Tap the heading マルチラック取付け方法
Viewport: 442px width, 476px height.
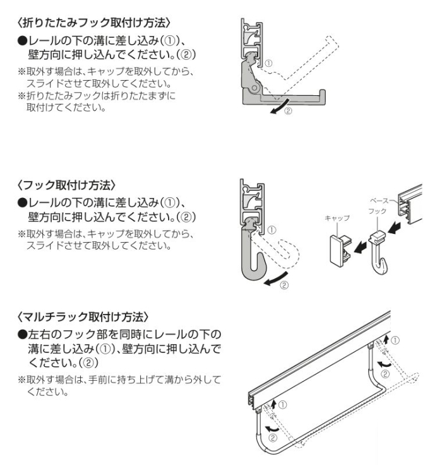[x=83, y=315]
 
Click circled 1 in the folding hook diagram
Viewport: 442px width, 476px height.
[x=269, y=63]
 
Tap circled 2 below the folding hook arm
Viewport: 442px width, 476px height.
[x=289, y=112]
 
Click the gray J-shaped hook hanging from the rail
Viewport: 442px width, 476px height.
[x=249, y=258]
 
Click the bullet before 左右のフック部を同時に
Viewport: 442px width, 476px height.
[x=21, y=334]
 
